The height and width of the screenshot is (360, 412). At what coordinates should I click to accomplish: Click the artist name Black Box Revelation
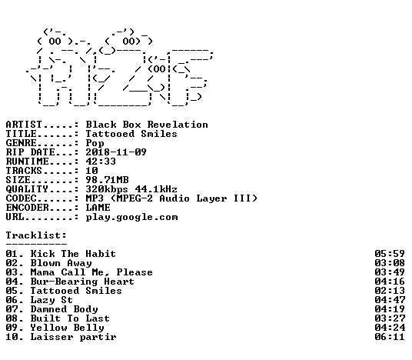tap(147, 125)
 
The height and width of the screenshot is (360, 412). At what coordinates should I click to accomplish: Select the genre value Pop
tap(95, 143)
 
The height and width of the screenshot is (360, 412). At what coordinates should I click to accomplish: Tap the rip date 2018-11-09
tap(116, 152)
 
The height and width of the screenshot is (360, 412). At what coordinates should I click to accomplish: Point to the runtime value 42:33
tap(101, 162)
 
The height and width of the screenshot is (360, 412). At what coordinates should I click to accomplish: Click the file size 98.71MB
tap(107, 180)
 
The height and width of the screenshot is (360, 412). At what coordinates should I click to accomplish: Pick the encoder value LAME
tap(98, 208)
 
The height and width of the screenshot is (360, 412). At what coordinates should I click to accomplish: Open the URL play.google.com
tap(132, 218)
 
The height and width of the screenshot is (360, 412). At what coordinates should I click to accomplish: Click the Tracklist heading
tap(36, 235)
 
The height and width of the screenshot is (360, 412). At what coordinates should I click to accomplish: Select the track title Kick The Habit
tap(73, 254)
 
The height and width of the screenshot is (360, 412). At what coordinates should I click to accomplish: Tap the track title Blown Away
tap(61, 263)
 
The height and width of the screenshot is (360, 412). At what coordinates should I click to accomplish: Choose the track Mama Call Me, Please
tap(91, 272)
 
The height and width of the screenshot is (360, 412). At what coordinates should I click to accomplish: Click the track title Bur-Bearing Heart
tap(82, 282)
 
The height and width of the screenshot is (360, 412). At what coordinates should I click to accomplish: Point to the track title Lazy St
tap(51, 300)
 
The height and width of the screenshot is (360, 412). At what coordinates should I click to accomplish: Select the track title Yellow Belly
tap(68, 328)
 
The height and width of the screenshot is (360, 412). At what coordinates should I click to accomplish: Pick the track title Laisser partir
tap(73, 338)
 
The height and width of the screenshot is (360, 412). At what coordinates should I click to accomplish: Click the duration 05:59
tap(390, 254)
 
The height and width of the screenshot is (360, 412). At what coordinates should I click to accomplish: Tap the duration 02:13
tap(390, 291)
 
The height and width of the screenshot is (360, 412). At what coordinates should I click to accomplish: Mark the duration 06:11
tap(390, 337)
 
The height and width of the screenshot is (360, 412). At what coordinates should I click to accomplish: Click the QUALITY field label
tap(27, 189)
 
